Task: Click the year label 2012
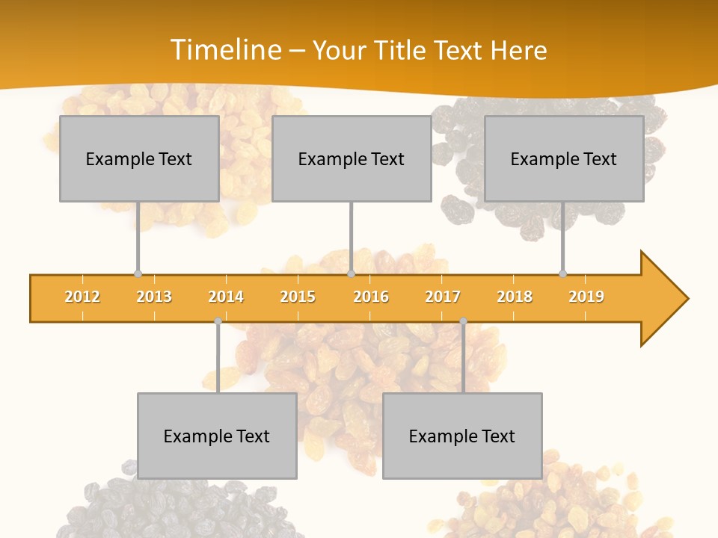point(82,297)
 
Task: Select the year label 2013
point(154,297)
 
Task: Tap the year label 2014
point(226,297)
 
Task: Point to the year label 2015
point(298,297)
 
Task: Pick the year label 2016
point(371,297)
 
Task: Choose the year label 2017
point(443,297)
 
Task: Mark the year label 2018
point(515,297)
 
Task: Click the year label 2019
point(586,297)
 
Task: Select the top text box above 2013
point(139,158)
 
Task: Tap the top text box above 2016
point(352,158)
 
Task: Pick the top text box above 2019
point(564,158)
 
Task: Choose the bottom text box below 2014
point(217,436)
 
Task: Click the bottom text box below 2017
point(462,436)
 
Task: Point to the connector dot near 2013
point(138,273)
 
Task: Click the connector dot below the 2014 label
point(218,321)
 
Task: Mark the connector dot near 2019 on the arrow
point(562,273)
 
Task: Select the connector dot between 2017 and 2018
point(463,321)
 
